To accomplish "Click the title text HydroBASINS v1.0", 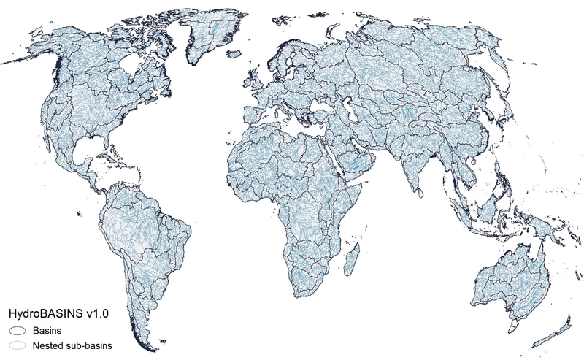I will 58,314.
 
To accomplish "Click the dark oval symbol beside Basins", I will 18,331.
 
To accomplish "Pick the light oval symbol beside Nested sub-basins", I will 18,344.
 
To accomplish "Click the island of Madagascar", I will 353,259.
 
